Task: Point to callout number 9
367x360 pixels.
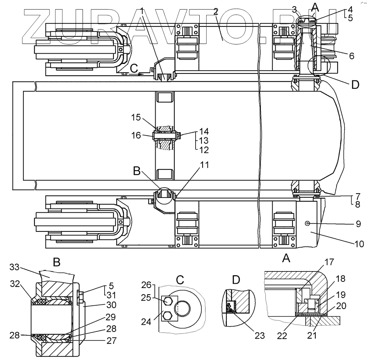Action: [x=359, y=223]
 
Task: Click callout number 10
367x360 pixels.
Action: [x=359, y=243]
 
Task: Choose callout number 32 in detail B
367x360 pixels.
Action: [x=15, y=283]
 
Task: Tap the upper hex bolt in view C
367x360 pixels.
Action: [x=168, y=301]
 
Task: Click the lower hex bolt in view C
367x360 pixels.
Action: [x=168, y=315]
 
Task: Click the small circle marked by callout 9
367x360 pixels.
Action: [x=307, y=223]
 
